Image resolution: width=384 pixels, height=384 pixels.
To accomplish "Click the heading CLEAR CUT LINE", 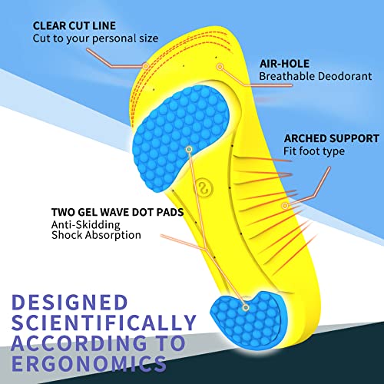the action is point(74,26).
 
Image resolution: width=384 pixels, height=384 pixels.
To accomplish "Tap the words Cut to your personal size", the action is point(95,38).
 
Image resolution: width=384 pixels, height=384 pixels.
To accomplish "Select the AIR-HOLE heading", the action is point(285,64).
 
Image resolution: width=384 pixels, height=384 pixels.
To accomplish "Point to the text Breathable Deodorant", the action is point(316,76).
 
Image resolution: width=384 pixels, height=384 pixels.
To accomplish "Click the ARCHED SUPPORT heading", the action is point(332,138).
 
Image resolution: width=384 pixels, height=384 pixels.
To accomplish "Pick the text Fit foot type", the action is point(314,151).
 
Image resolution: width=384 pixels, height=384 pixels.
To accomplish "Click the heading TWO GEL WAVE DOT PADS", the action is point(118,212).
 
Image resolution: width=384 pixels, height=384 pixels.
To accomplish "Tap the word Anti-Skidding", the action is point(86,225).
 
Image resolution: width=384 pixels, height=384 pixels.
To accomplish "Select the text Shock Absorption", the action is point(96,235).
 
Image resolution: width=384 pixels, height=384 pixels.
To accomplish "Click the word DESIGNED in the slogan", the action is point(70,303).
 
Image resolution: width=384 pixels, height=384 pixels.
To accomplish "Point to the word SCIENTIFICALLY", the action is point(104,323).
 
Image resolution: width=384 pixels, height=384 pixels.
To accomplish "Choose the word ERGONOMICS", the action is point(89,363).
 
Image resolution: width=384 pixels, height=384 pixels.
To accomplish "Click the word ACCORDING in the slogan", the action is point(79,343).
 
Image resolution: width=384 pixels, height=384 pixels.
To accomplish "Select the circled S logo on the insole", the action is point(205,189).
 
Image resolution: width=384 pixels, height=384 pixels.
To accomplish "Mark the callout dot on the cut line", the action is point(146,66).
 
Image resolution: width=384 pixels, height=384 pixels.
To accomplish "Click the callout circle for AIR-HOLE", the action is point(220,67).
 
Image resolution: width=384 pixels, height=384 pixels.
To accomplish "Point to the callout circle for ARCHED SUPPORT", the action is point(285,206).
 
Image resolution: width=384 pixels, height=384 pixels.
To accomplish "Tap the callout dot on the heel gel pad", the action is point(246,307).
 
